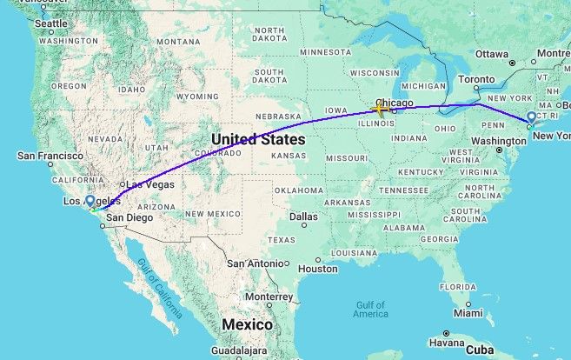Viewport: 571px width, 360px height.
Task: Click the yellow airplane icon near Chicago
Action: [379, 109]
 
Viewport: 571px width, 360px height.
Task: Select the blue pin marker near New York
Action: [532, 118]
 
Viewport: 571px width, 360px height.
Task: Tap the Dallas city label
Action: [304, 216]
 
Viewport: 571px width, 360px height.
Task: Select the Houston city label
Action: [317, 269]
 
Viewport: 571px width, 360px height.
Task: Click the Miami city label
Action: [468, 312]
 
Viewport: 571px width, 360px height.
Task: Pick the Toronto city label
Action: [476, 78]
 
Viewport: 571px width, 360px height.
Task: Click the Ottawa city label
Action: [491, 54]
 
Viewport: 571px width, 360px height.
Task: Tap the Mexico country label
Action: [247, 324]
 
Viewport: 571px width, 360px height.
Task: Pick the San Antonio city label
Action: [256, 262]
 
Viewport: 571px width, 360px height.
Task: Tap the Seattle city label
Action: [50, 23]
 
